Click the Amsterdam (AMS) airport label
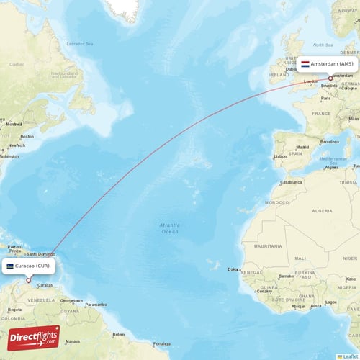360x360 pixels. pos(328,64)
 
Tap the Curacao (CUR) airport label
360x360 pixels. pos(30,266)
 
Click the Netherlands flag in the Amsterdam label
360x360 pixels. pos(305,64)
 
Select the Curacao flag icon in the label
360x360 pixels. pos(10,266)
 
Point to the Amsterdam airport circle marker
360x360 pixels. pos(331,78)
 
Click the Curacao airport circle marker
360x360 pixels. pos(28,280)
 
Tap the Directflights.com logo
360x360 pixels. pos(34,338)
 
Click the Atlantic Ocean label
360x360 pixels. pos(169,228)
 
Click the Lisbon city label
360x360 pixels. pos(280,156)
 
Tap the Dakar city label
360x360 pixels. pos(234,269)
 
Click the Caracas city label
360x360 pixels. pos(45,285)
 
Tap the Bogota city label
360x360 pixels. pos(14,310)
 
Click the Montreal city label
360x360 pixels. pos(13,124)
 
